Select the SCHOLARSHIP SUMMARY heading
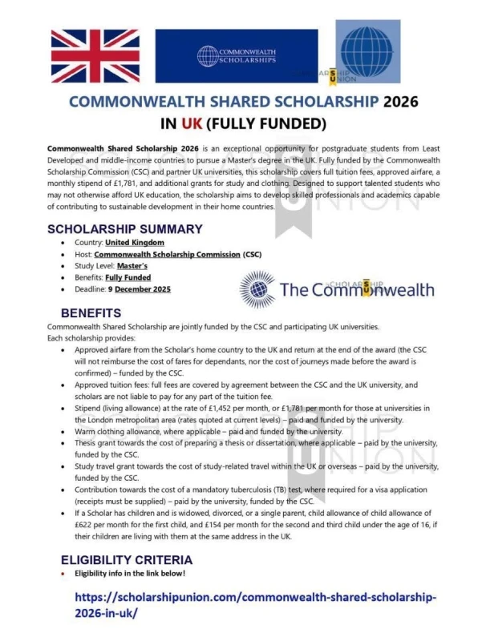[x=124, y=229]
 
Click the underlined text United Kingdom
[x=135, y=242]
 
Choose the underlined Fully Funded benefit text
[x=129, y=277]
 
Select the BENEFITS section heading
[x=92, y=312]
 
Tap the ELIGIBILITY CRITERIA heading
[x=123, y=560]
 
